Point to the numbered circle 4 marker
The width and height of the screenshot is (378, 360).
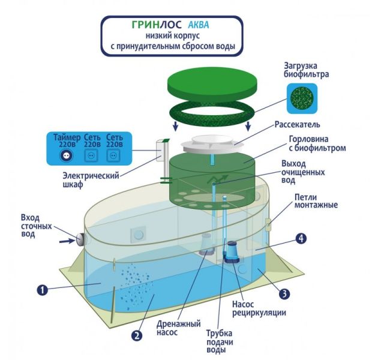coord(302,238)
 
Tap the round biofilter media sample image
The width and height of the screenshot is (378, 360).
coord(303,98)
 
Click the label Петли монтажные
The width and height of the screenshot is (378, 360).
coord(316,201)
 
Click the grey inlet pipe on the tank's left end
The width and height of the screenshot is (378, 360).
coord(79,239)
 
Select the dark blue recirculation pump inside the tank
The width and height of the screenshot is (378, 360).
coord(231,250)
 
